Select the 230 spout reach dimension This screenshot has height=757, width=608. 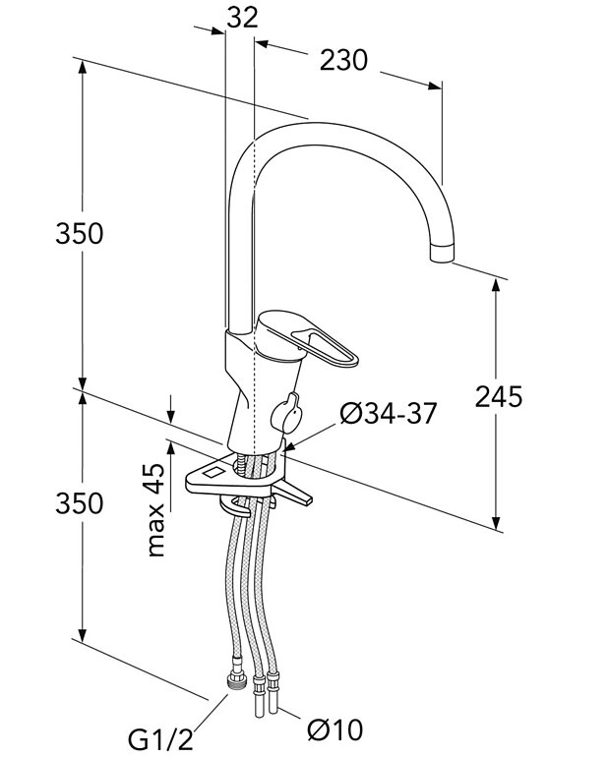pos(343,61)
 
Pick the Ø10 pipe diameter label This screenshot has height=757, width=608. pos(334,730)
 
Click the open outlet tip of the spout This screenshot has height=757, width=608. pos(444,254)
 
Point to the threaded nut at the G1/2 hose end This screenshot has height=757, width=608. pos(235,680)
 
